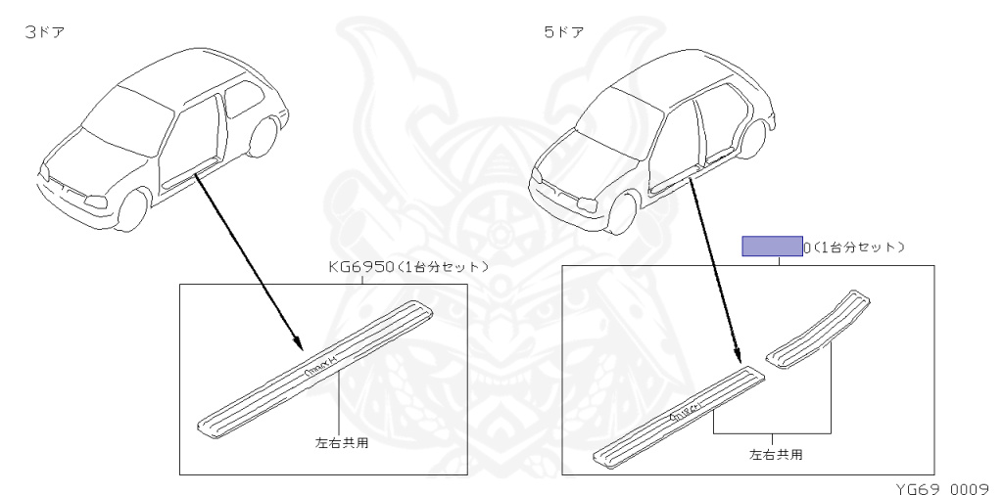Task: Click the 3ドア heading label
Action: (48, 33)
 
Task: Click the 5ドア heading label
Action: (564, 33)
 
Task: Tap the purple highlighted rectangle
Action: (771, 247)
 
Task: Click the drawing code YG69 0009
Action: (939, 484)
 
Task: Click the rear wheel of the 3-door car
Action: (262, 137)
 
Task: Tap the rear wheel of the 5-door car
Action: (751, 138)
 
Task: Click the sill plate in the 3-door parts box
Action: (313, 366)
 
